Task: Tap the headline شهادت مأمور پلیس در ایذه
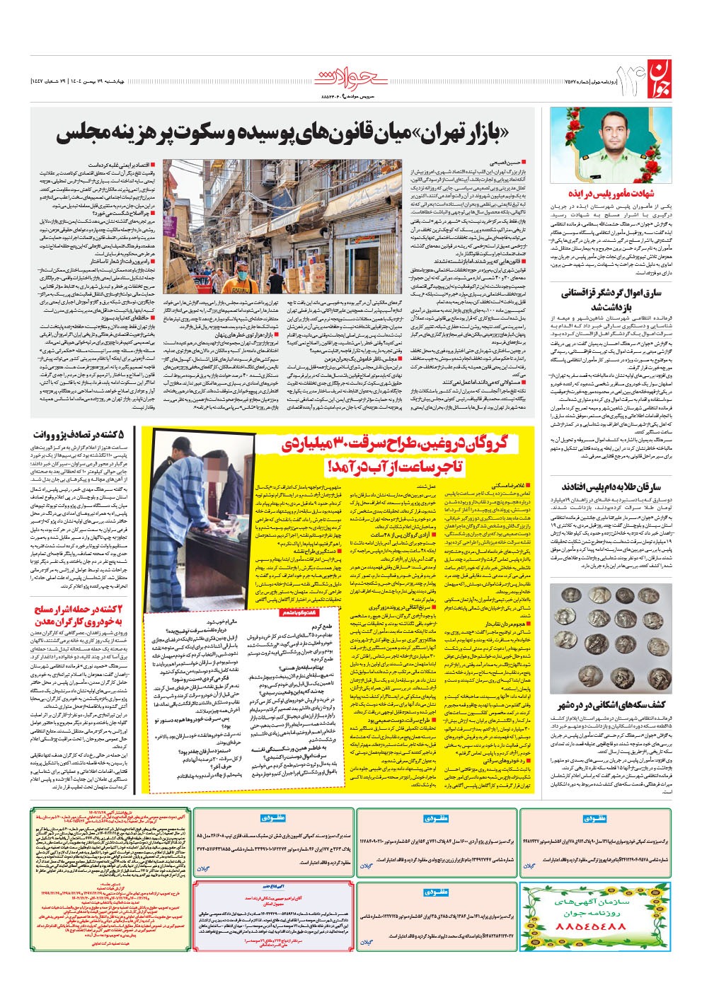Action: click(610, 192)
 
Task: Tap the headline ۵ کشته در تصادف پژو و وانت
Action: click(81, 435)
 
